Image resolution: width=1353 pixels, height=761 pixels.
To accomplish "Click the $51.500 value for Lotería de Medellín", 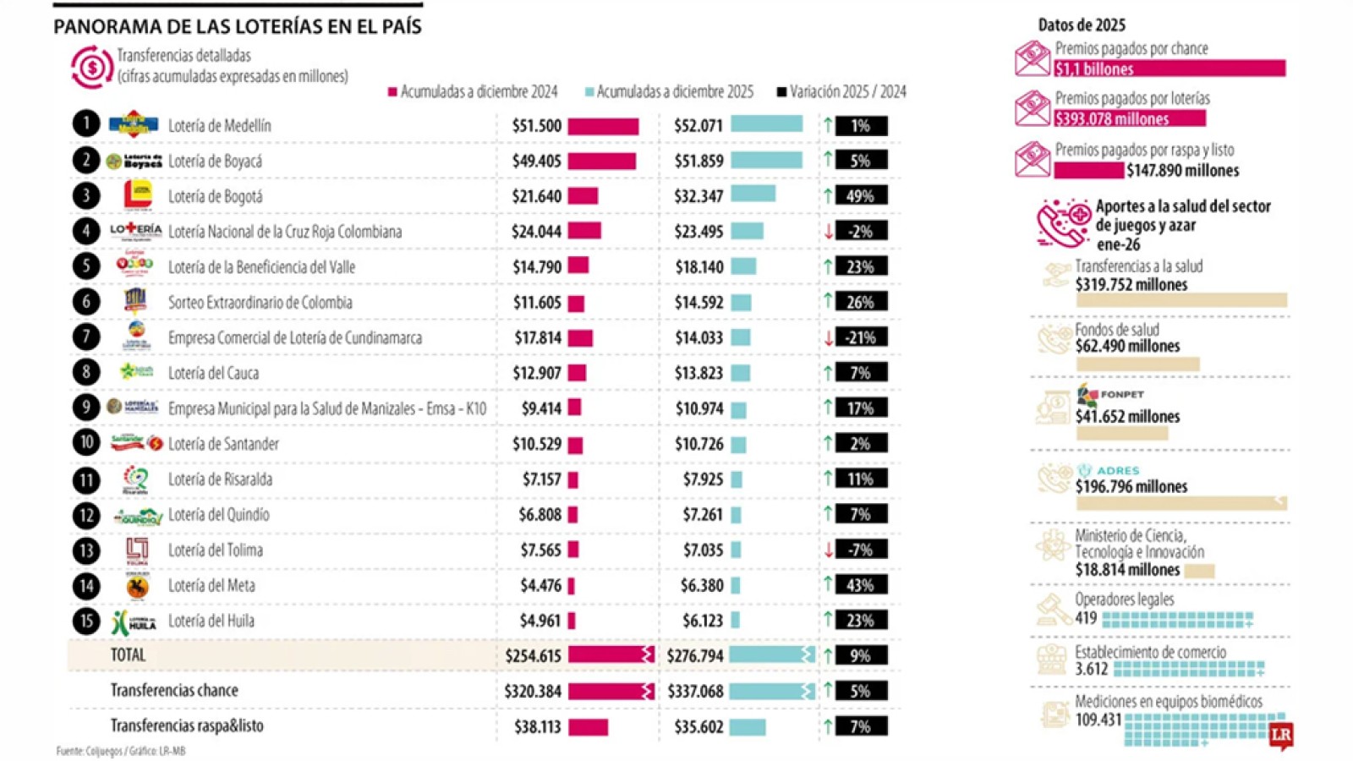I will click(x=536, y=126).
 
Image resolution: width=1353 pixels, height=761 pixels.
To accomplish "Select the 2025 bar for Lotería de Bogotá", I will click(x=753, y=194).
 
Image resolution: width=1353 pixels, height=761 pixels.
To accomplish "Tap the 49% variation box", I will click(x=861, y=196).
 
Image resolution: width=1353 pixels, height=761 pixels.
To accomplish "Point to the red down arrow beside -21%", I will click(x=829, y=337).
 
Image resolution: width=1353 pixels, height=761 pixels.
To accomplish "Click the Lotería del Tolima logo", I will click(x=137, y=550).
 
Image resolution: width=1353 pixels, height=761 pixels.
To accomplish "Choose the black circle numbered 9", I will click(x=85, y=408).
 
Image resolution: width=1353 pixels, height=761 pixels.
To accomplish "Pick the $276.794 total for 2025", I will click(x=694, y=655).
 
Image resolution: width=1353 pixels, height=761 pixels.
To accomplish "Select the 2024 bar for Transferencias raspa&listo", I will click(x=588, y=726).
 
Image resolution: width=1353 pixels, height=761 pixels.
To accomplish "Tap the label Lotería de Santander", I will click(x=223, y=444).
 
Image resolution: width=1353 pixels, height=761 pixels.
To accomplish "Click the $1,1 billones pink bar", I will click(x=1170, y=68).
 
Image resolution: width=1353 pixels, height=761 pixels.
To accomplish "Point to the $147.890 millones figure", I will click(x=1182, y=171).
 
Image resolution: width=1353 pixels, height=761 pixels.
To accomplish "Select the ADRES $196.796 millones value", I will click(x=1131, y=487).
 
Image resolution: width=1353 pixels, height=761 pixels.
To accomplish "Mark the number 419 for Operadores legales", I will click(x=1086, y=618).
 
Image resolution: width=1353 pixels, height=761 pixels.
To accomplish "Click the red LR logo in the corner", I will click(x=1281, y=735).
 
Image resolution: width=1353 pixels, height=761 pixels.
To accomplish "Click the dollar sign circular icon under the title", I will click(x=92, y=67).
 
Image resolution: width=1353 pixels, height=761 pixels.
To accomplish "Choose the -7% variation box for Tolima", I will click(x=861, y=550).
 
